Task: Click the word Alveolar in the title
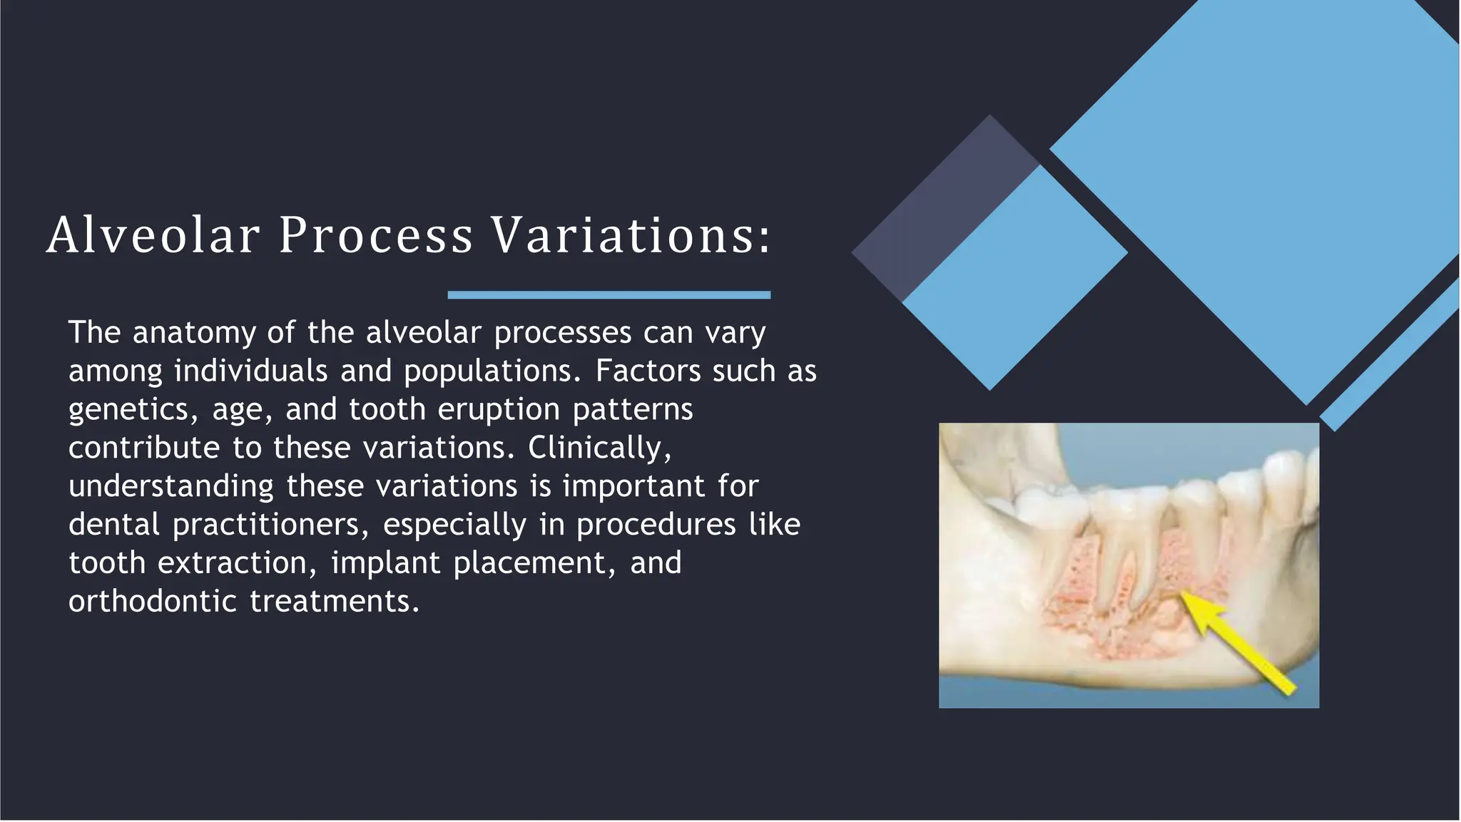(153, 235)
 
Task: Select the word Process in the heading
(375, 235)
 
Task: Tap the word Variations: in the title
(631, 235)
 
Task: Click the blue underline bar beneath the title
(609, 295)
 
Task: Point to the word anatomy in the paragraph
(194, 334)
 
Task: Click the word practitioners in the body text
(271, 525)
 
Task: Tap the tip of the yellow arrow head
(1184, 594)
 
